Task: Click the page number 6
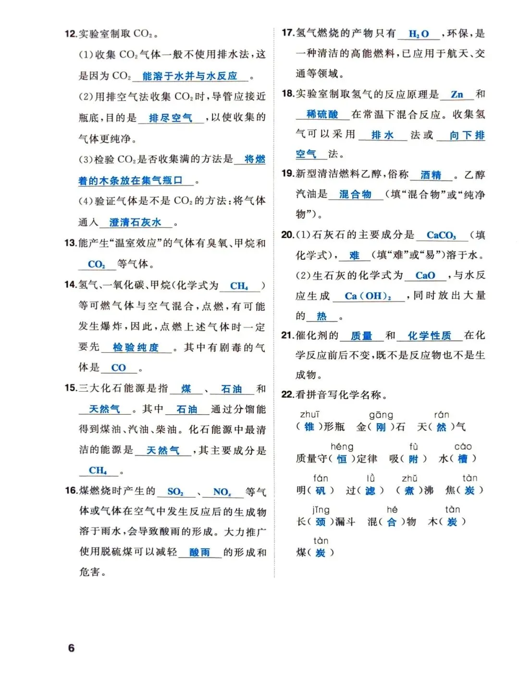(x=71, y=648)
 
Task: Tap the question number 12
(x=71, y=34)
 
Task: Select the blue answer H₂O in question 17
(x=419, y=34)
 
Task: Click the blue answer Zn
(x=457, y=94)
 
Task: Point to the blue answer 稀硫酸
(x=322, y=114)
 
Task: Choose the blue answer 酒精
(x=431, y=175)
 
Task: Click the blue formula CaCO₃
(x=441, y=235)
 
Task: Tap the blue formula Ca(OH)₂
(x=368, y=296)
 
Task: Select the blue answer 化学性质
(x=429, y=336)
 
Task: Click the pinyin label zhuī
(x=309, y=414)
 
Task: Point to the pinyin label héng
(x=342, y=446)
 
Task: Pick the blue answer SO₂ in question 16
(x=175, y=492)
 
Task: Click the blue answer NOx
(x=222, y=492)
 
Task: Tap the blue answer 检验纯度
(x=136, y=347)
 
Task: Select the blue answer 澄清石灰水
(x=135, y=222)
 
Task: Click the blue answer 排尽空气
(x=170, y=118)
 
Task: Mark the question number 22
(x=287, y=394)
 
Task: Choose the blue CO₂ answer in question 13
(x=96, y=264)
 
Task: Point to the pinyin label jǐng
(x=321, y=509)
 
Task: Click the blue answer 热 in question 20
(x=321, y=316)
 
